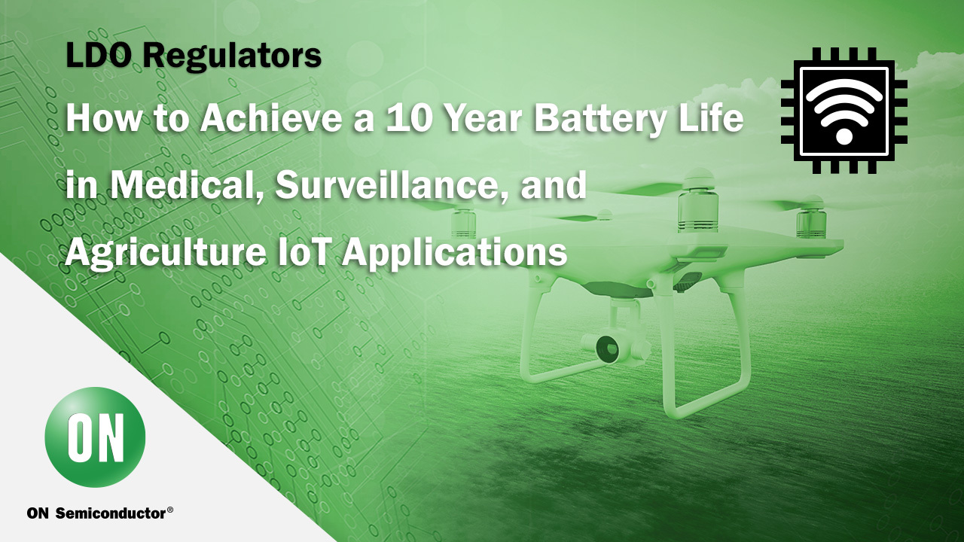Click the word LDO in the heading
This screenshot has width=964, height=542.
pos(98,55)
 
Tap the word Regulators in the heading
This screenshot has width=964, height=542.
pos(233,56)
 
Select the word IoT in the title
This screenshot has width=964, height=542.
pos(303,251)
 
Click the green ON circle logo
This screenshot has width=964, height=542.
pos(95,437)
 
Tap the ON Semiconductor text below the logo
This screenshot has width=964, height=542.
pos(96,513)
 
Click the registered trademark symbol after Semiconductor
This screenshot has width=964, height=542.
pos(170,510)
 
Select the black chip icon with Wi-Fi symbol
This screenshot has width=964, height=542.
pos(844,111)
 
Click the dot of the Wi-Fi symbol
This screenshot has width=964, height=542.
pos(844,136)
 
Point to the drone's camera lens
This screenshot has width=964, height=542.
pos(607,348)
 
